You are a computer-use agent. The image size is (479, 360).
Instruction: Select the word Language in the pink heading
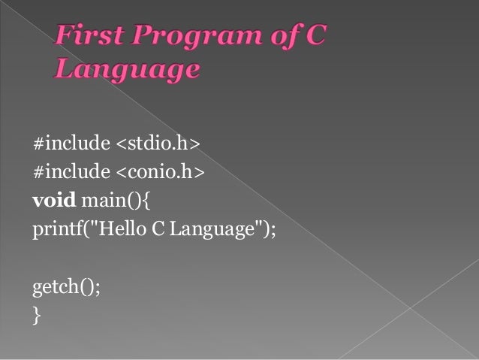(x=127, y=70)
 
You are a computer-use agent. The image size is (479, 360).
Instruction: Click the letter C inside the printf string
(x=158, y=229)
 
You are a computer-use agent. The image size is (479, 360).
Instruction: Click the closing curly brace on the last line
(x=36, y=316)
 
